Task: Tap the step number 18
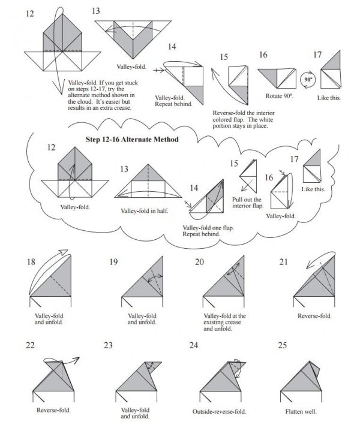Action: [x=34, y=261]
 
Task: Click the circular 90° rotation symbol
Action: [x=307, y=79]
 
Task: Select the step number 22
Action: [x=32, y=345]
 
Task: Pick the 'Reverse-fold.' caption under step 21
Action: [x=314, y=316]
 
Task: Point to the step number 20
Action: [x=200, y=261]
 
